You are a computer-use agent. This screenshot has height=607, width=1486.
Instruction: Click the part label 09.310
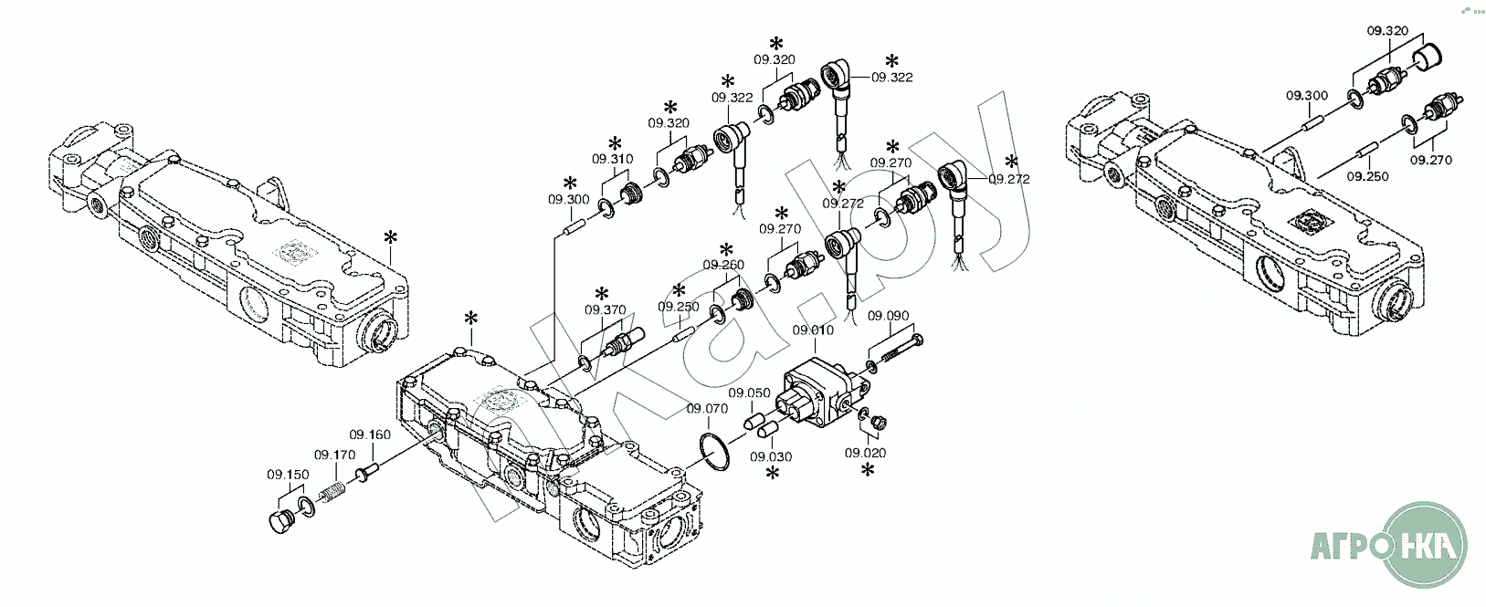612,159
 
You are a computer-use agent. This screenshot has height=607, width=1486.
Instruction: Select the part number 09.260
723,265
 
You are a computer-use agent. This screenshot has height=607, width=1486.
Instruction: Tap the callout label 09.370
606,309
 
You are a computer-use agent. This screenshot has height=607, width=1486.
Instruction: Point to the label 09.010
813,330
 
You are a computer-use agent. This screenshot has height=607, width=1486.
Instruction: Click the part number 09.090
889,316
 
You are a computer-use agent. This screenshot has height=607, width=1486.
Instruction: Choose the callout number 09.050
749,392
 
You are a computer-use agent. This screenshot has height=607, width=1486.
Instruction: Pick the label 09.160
370,434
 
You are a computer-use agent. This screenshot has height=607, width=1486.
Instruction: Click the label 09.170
335,455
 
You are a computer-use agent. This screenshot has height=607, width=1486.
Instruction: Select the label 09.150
288,475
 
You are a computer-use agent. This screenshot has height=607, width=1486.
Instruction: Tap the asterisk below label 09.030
773,473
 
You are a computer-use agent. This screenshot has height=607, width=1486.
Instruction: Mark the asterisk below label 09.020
867,470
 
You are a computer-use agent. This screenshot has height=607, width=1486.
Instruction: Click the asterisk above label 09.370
602,294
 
